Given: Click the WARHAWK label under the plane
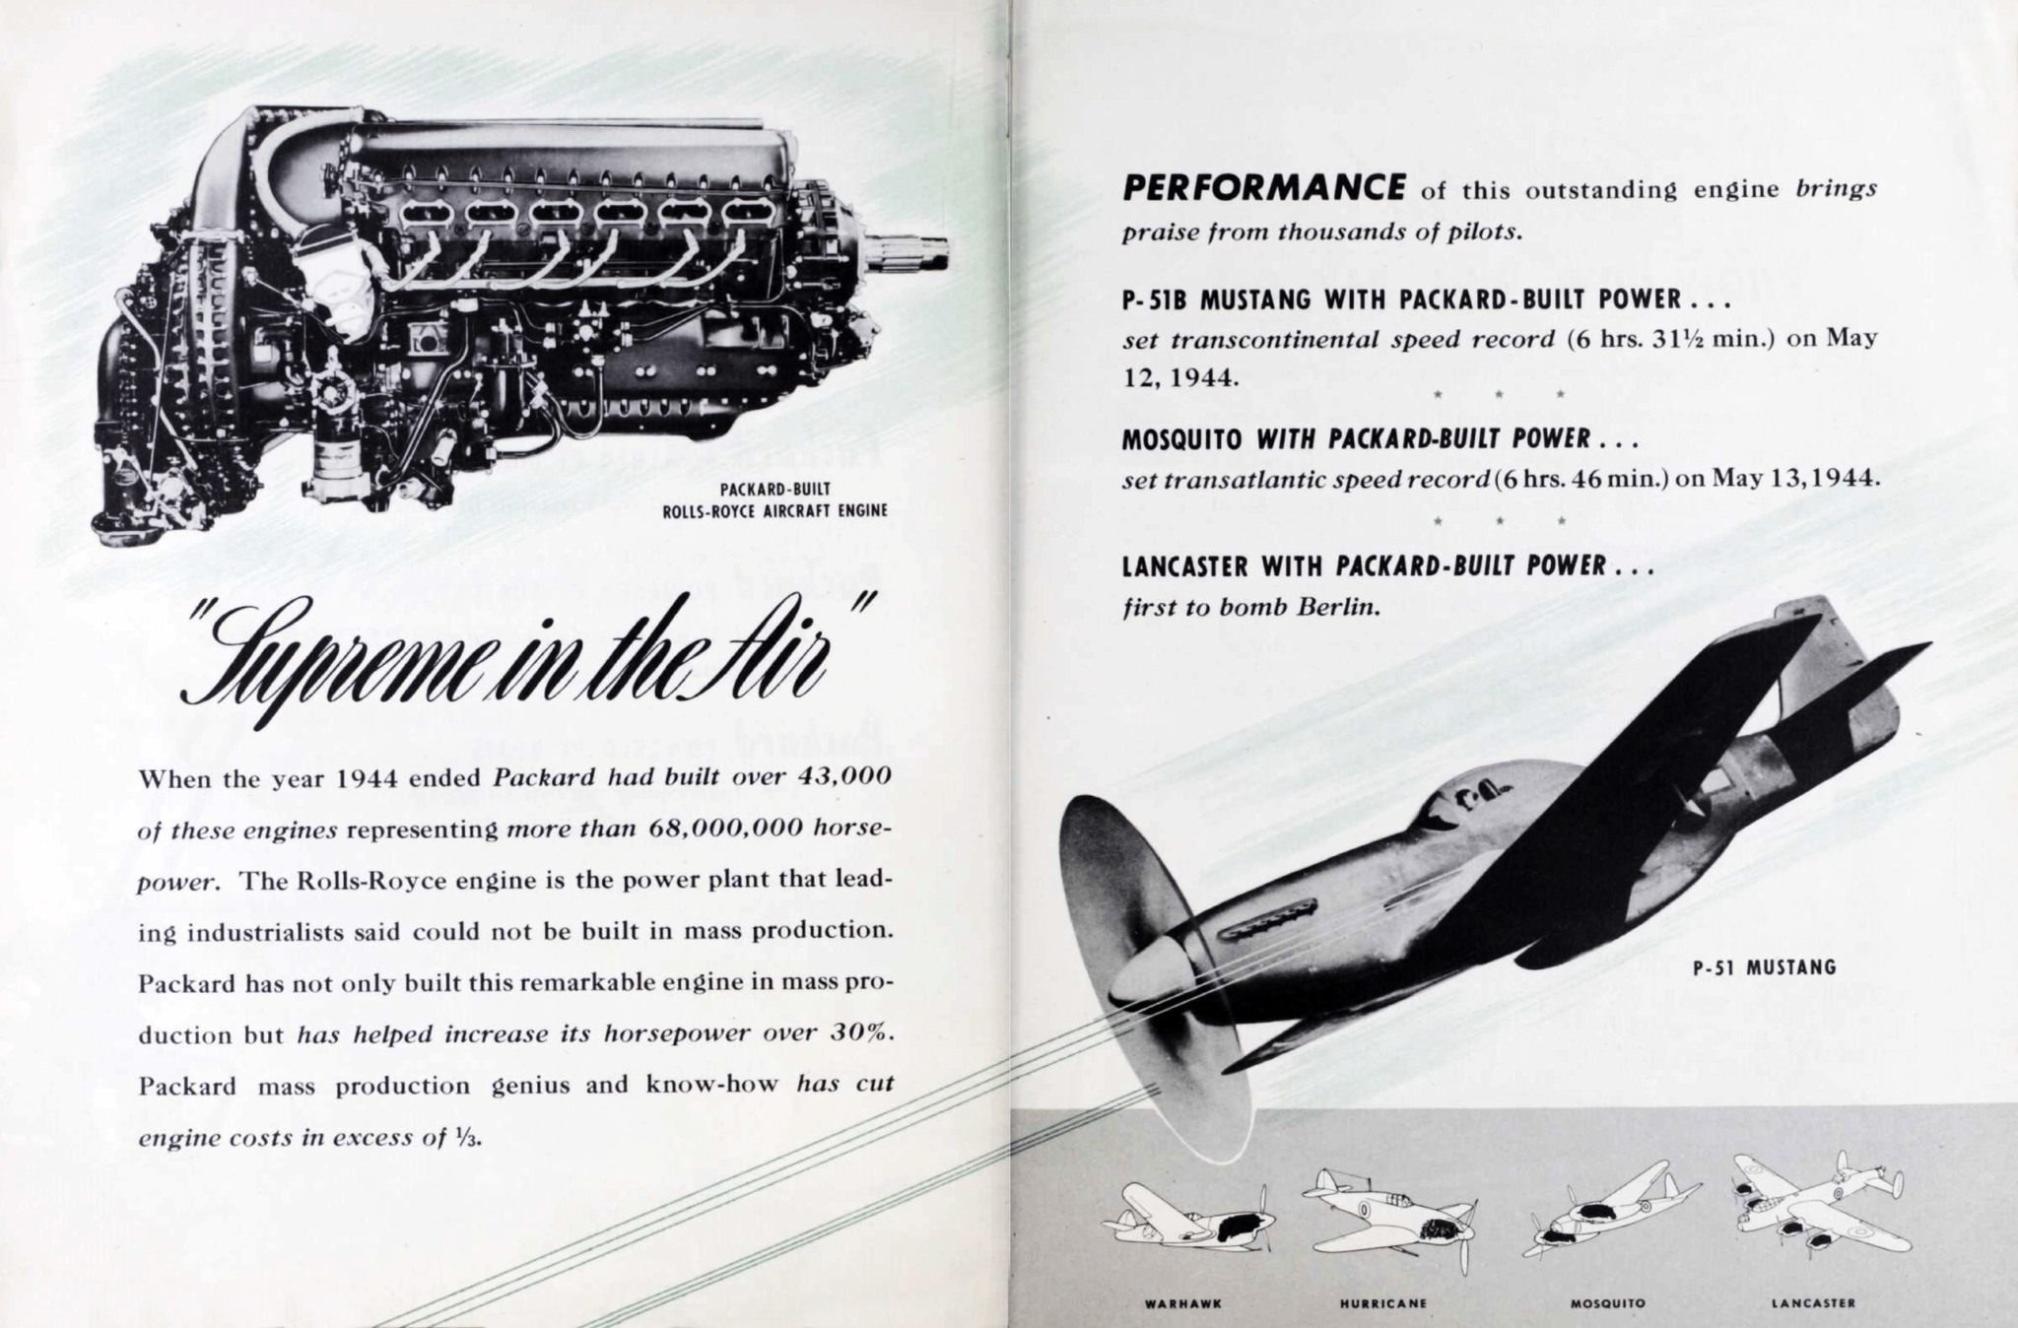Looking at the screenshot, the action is click(x=1182, y=1303).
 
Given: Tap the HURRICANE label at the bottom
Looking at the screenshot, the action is click(x=1382, y=1303).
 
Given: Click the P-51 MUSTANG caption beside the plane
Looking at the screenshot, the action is click(x=1764, y=967).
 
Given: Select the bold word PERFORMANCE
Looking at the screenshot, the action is click(x=1264, y=187).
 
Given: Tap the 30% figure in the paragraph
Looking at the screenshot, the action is click(x=862, y=1033).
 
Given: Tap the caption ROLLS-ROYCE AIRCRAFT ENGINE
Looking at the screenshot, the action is click(x=774, y=510).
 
